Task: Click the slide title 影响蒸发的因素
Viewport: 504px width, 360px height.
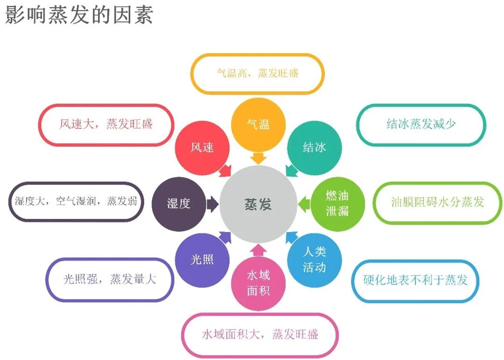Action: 79,15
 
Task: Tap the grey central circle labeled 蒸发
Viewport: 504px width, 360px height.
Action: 258,204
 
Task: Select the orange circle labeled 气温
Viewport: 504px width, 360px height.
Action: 258,124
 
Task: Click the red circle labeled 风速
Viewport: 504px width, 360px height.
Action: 202,148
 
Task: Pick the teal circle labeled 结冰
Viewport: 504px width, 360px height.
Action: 315,148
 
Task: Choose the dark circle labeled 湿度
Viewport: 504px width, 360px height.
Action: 179,204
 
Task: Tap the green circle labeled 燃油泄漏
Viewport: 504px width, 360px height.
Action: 337,204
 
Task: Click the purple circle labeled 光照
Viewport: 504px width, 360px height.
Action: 202,260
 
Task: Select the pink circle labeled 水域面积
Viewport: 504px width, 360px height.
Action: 258,283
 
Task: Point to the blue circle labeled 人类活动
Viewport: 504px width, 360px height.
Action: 315,260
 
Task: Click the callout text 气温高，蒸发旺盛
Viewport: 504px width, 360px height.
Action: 258,73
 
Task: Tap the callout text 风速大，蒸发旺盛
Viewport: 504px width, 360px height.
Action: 106,124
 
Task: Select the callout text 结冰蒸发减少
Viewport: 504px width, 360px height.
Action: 421,124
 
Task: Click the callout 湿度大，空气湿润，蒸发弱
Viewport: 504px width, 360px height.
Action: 76,201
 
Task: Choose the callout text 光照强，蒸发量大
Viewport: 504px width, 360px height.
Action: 110,279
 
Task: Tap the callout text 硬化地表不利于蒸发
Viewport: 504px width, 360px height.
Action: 415,280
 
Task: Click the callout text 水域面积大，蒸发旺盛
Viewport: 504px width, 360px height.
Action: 260,334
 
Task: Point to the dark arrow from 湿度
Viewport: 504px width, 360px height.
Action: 212,204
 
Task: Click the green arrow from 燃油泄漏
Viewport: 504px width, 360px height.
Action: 304,204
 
